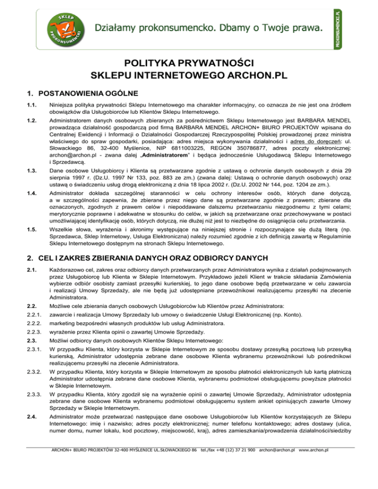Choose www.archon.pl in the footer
pyautogui.click(x=314, y=477)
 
